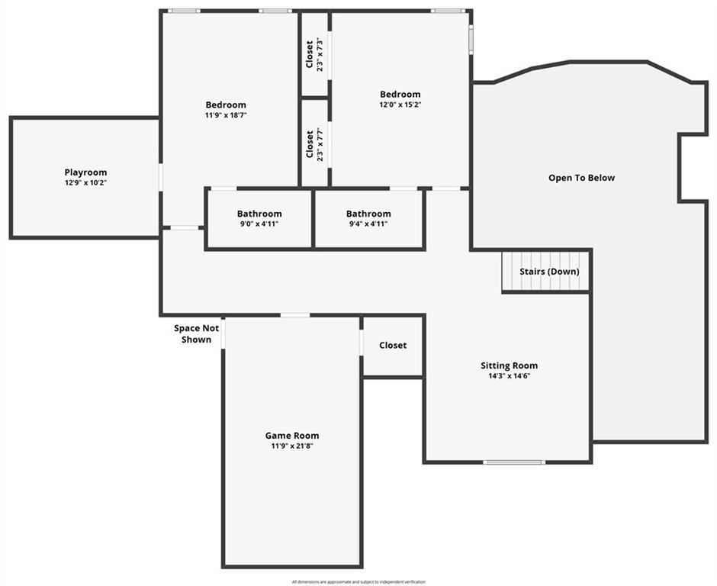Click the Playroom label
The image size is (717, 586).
[85, 172]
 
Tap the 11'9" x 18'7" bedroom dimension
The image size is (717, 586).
[226, 115]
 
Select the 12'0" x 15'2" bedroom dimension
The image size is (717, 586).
[400, 105]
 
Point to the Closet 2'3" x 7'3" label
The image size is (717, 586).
[314, 54]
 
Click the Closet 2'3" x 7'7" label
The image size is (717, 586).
[314, 144]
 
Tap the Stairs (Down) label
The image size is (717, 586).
[550, 272]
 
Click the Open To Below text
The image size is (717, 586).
[582, 178]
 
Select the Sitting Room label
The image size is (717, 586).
[509, 365]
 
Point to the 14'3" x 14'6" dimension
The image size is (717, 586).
[509, 376]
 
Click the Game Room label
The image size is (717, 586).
[292, 436]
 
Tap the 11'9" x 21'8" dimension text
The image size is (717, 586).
[292, 446]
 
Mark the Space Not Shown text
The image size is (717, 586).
[196, 333]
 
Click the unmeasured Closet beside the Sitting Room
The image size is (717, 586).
[393, 346]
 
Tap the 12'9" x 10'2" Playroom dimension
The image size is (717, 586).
[85, 182]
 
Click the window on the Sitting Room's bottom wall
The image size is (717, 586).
[514, 462]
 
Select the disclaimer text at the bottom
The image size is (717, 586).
[358, 582]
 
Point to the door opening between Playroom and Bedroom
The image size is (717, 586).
[160, 177]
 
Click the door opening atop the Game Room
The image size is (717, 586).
[295, 315]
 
